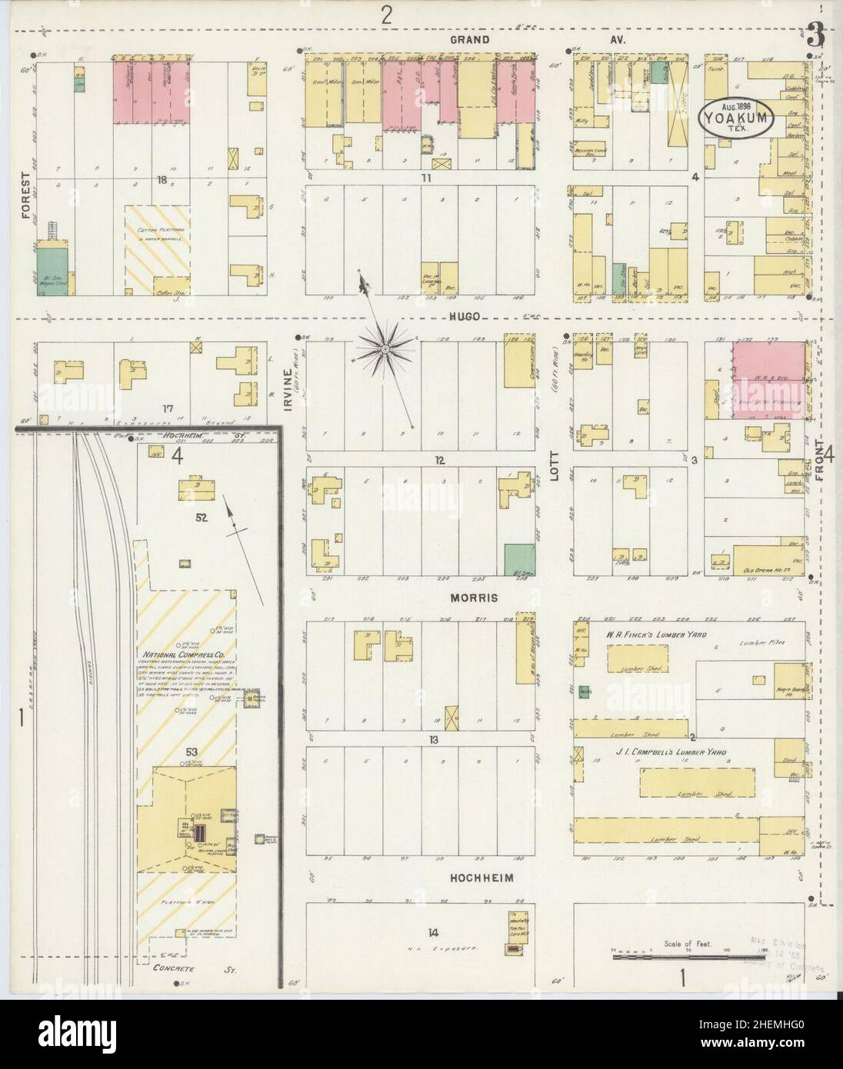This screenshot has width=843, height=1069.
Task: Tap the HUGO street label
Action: (x=466, y=316)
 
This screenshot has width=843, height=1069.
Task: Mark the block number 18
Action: (x=162, y=181)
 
